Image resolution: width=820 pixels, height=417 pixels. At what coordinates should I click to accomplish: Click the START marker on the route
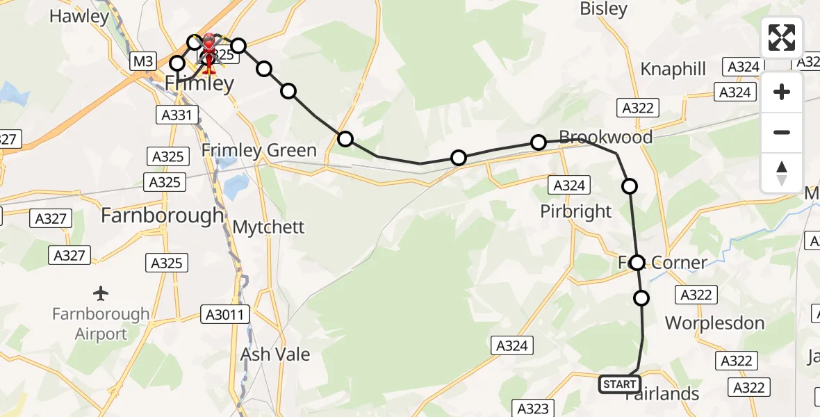pyautogui.click(x=619, y=384)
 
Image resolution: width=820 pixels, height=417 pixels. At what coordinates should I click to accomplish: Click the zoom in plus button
pyautogui.click(x=782, y=92)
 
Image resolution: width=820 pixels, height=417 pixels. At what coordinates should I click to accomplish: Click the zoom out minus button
pyautogui.click(x=782, y=133)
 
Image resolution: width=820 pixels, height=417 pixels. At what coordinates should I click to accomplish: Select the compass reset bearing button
pyautogui.click(x=782, y=173)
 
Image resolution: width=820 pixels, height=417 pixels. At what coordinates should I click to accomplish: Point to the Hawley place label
pyautogui.click(x=79, y=17)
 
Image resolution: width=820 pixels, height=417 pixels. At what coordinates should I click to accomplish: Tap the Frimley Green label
pyautogui.click(x=259, y=151)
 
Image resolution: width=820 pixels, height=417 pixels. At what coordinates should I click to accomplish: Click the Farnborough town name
pyautogui.click(x=163, y=216)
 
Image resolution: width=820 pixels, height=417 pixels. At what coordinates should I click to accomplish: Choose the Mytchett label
pyautogui.click(x=269, y=227)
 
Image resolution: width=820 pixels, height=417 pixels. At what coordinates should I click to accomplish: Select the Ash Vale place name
pyautogui.click(x=275, y=354)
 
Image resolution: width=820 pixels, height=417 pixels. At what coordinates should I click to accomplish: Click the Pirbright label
pyautogui.click(x=576, y=212)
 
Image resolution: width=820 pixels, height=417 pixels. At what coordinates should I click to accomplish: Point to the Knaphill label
pyautogui.click(x=673, y=69)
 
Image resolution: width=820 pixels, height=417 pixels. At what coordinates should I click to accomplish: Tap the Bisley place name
pyautogui.click(x=603, y=9)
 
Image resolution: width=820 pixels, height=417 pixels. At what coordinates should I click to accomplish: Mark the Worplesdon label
pyautogui.click(x=714, y=323)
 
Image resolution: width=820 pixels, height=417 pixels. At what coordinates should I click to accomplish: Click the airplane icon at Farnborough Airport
pyautogui.click(x=101, y=293)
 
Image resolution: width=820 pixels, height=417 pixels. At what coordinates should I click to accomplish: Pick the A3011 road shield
pyautogui.click(x=224, y=315)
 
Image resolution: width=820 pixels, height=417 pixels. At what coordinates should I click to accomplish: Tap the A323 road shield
pyautogui.click(x=533, y=409)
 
